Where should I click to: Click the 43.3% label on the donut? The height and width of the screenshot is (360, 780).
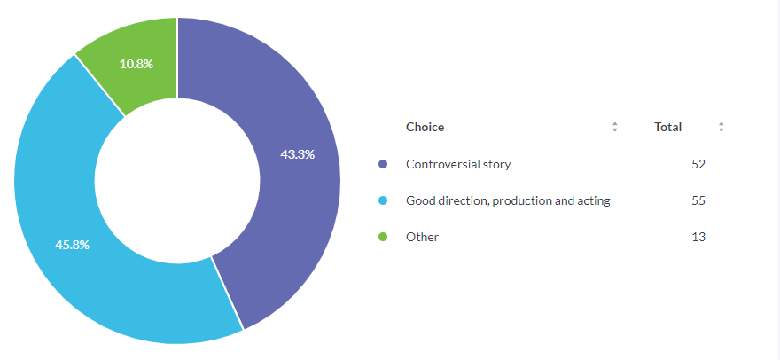[298, 154]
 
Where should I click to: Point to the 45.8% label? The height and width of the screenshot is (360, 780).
[72, 245]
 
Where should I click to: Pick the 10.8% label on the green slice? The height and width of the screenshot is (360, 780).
[136, 64]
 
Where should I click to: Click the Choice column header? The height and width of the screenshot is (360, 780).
[425, 127]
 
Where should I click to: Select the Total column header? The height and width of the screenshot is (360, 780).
[667, 127]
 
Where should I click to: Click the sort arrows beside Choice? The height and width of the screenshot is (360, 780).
[615, 127]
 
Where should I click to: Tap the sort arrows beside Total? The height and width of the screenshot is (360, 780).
[721, 127]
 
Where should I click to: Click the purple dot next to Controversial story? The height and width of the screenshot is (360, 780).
[383, 164]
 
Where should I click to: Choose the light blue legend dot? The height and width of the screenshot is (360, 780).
[383, 200]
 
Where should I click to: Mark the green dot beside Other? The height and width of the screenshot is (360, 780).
[383, 237]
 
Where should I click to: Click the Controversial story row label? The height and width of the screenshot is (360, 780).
[458, 164]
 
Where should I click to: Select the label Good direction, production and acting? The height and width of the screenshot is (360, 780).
[508, 200]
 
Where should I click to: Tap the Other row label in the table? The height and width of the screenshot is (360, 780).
[422, 237]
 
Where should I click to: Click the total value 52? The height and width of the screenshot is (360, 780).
[698, 164]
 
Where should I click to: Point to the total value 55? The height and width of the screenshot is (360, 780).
[698, 200]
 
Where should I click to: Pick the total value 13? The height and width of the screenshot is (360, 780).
[698, 237]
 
